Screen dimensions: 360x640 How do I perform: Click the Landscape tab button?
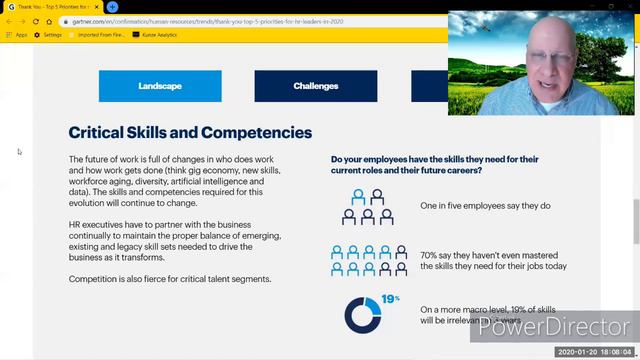159,86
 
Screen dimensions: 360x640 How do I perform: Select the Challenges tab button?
315,86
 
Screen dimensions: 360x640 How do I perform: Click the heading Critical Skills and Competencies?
190,132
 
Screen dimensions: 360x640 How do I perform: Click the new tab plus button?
113,7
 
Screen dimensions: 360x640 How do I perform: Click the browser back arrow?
8,21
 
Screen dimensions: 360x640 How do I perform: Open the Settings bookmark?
49,35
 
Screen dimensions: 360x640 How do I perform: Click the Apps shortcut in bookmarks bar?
17,35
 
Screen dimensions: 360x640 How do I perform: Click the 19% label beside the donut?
390,299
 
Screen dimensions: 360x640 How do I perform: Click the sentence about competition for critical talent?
170,278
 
